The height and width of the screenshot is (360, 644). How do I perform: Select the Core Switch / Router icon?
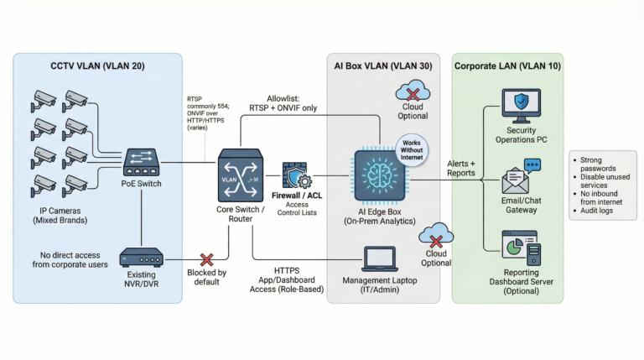(240, 173)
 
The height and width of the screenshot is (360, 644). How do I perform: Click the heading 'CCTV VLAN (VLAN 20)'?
(96, 65)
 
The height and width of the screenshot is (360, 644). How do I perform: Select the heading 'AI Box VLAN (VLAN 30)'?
(382, 65)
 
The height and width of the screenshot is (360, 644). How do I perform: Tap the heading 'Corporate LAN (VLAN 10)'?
(508, 65)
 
